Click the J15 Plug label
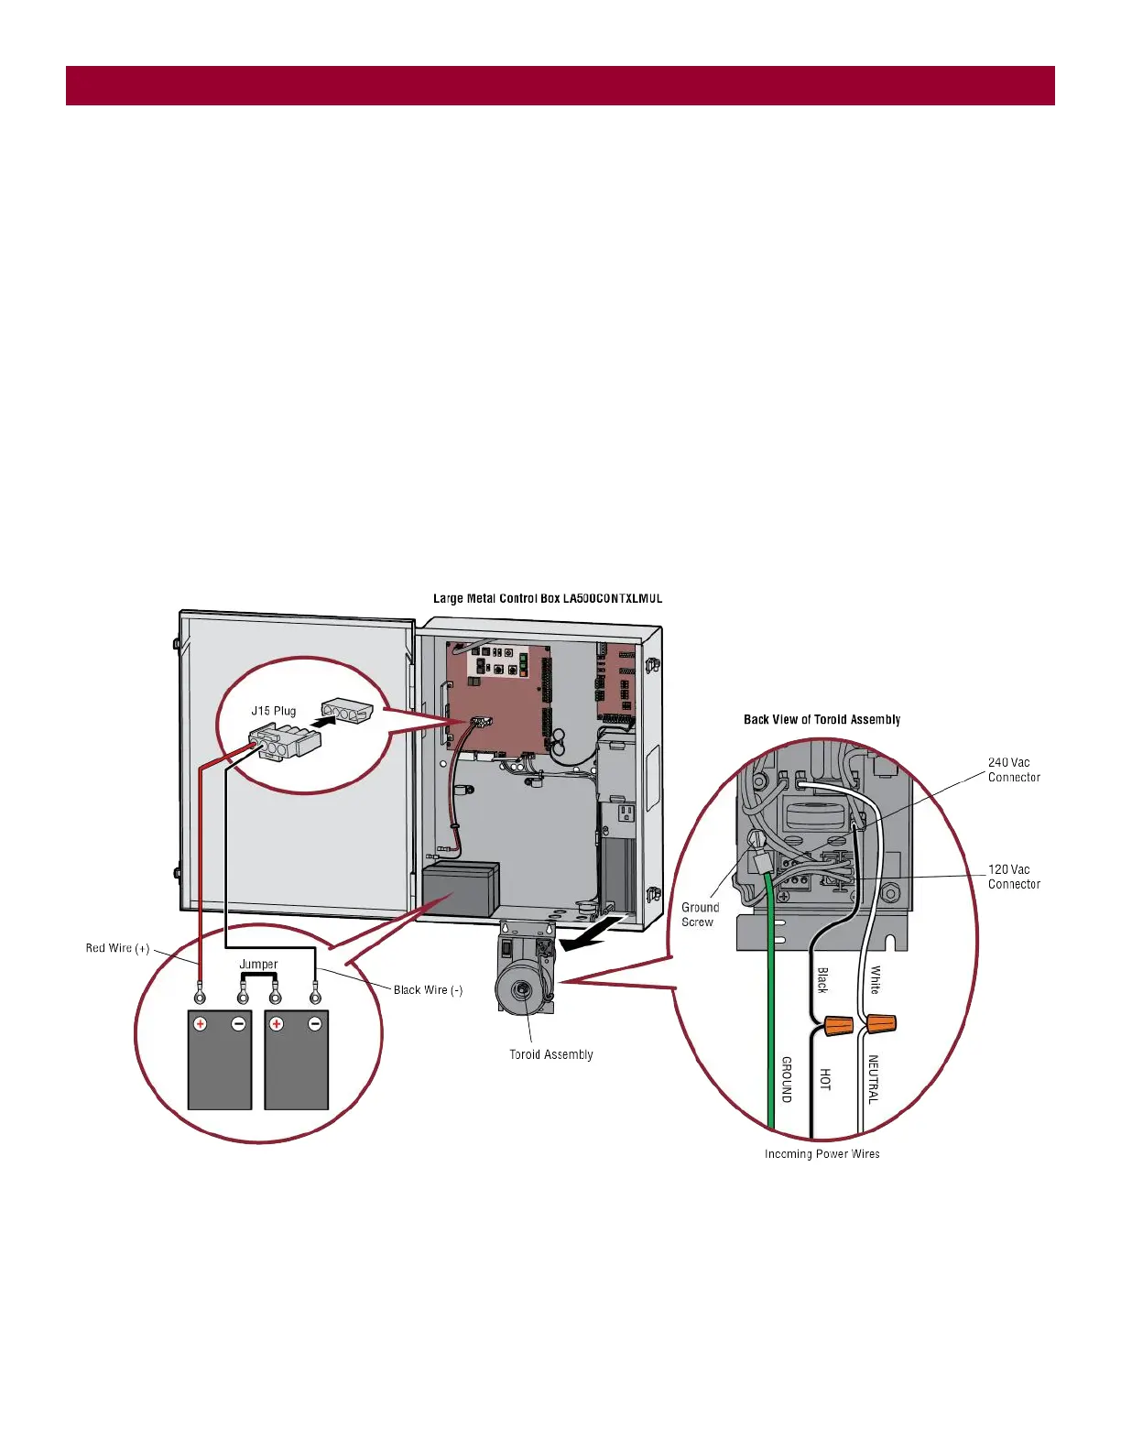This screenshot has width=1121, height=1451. pyautogui.click(x=274, y=711)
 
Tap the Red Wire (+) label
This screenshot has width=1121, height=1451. pyautogui.click(x=117, y=948)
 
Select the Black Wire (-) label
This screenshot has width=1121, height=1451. pyautogui.click(x=428, y=989)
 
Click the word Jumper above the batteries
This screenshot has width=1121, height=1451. pyautogui.click(x=258, y=964)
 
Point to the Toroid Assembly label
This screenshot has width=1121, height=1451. pyautogui.click(x=551, y=1054)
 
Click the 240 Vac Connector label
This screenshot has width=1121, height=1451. pyautogui.click(x=1014, y=769)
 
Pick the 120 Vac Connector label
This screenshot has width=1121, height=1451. pyautogui.click(x=1014, y=877)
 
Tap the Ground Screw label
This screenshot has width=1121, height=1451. pyautogui.click(x=700, y=914)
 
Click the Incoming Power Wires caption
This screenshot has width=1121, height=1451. pyautogui.click(x=822, y=1153)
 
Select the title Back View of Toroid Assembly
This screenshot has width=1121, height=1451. pyautogui.click(x=822, y=719)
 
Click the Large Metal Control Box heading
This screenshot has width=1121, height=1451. pyautogui.click(x=548, y=598)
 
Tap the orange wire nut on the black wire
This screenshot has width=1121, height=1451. pyautogui.click(x=837, y=1025)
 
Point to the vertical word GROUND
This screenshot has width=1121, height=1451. pyautogui.click(x=786, y=1079)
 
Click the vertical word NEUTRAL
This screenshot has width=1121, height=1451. pyautogui.click(x=873, y=1079)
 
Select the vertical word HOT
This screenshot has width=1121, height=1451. pyautogui.click(x=825, y=1079)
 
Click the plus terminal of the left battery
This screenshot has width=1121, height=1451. pyautogui.click(x=200, y=1023)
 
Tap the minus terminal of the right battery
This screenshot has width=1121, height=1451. pyautogui.click(x=315, y=1023)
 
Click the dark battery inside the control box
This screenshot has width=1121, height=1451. pyautogui.click(x=461, y=887)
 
